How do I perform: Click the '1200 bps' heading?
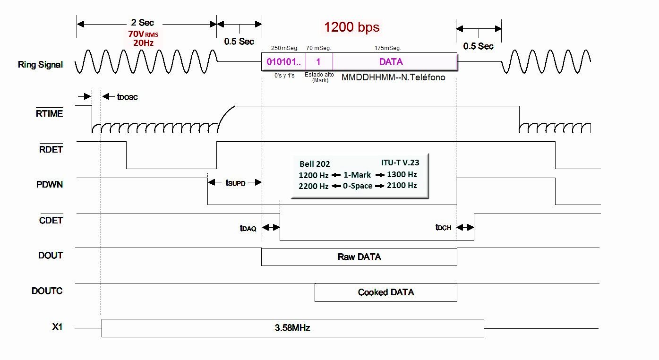tap(351, 27)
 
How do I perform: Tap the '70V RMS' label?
tap(143, 34)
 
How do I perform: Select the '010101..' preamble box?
tap(283, 62)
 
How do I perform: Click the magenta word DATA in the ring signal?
tap(391, 61)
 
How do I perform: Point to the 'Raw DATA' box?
tap(359, 257)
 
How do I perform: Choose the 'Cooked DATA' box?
tap(386, 292)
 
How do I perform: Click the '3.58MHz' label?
tap(292, 328)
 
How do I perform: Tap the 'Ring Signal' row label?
tap(40, 65)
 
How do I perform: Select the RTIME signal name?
tap(49, 113)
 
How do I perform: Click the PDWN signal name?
tap(50, 184)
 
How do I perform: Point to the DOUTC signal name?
tap(47, 291)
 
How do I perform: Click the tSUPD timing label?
tap(235, 183)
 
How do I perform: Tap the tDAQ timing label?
tap(248, 228)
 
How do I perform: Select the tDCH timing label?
tap(444, 227)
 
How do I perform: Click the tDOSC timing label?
tap(127, 97)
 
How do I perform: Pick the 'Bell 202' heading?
tap(315, 164)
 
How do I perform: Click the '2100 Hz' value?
tap(402, 185)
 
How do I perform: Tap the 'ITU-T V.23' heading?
tap(400, 163)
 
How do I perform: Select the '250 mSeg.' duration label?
tap(285, 48)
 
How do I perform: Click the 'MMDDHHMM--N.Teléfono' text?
tap(393, 77)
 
